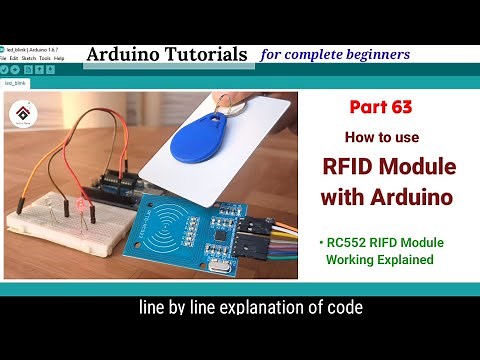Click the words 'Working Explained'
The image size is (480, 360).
(x=380, y=260)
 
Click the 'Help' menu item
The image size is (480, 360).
(x=59, y=58)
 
